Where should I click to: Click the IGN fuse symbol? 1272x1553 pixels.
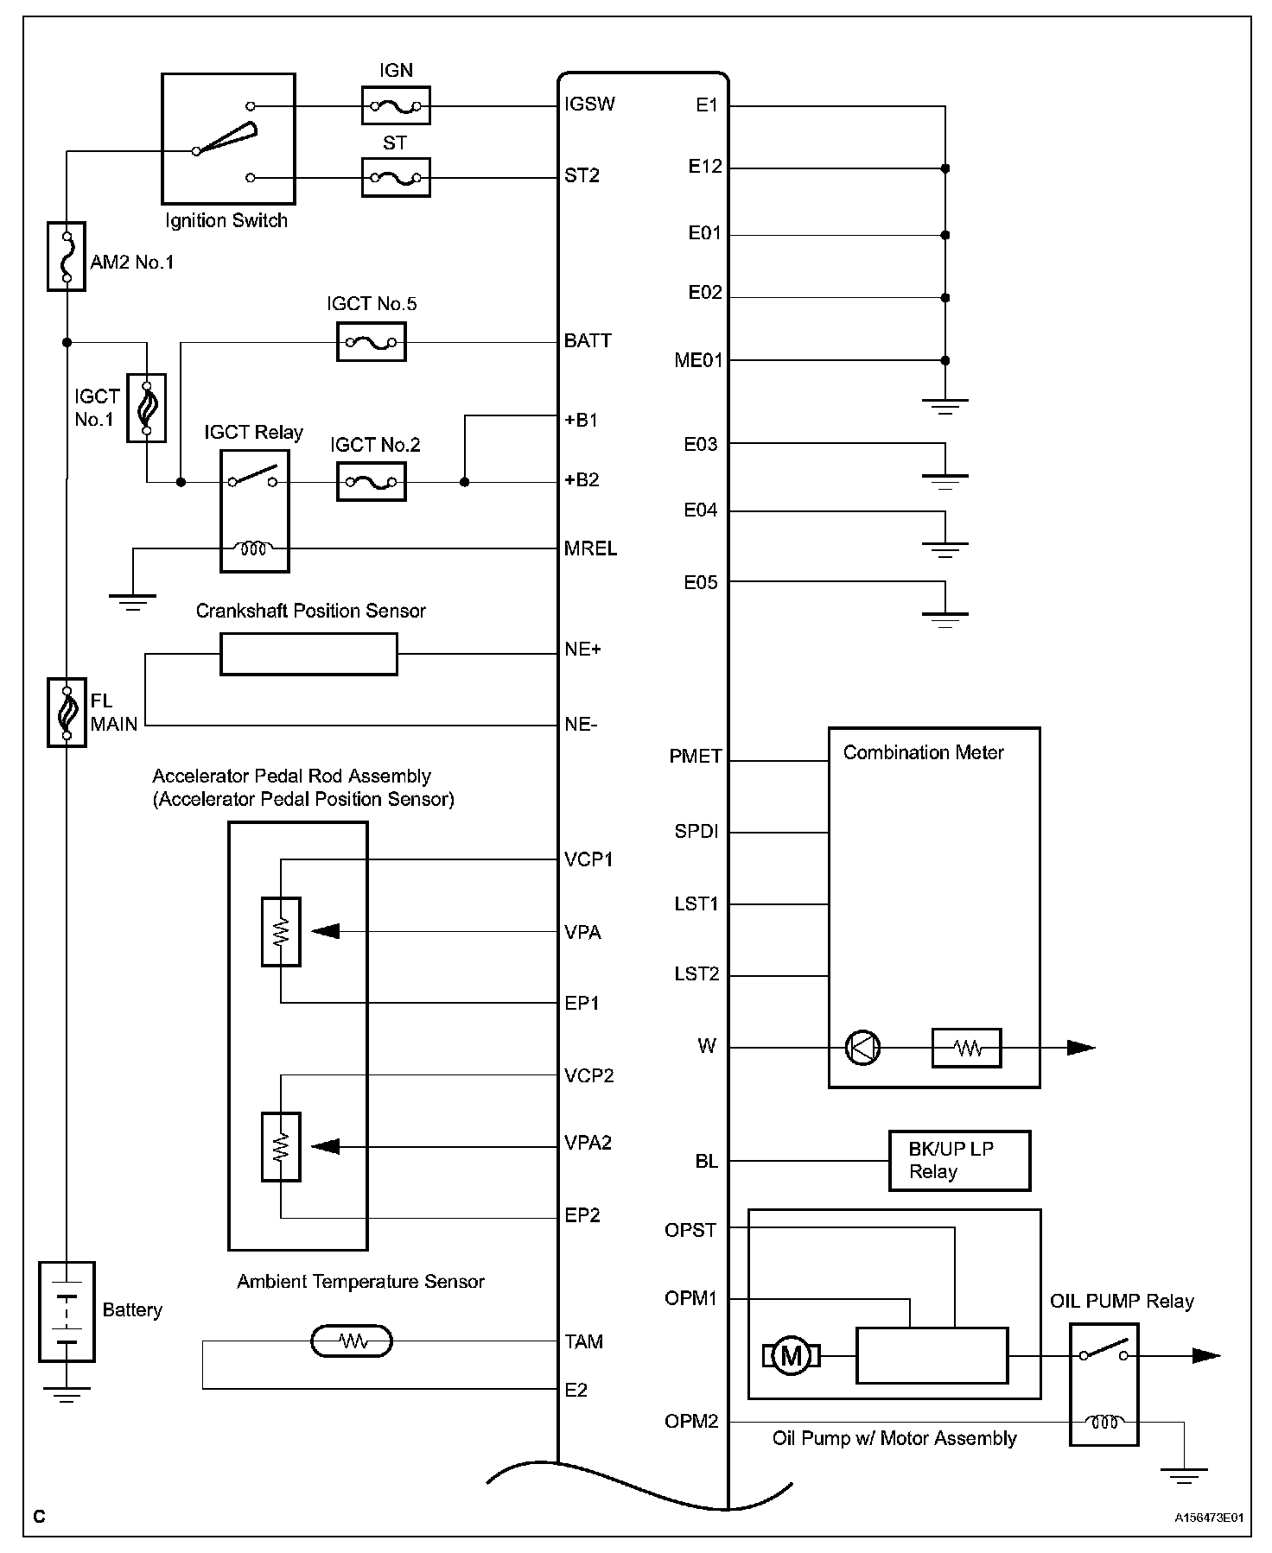395,106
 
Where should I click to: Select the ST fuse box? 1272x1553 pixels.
395,178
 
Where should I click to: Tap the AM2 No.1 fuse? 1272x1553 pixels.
67,256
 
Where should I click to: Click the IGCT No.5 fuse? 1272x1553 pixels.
371,343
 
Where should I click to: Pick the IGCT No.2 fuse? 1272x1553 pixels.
371,482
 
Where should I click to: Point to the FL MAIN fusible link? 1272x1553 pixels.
67,712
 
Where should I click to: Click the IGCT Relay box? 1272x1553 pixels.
255,511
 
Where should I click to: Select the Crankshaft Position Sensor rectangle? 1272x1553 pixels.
309,654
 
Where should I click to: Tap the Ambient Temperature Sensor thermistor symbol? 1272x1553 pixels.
351,1341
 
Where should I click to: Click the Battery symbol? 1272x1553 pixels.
67,1311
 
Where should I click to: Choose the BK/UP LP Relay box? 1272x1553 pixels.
959,1161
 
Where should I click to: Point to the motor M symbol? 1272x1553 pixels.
791,1356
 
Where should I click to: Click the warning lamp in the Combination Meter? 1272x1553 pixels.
862,1048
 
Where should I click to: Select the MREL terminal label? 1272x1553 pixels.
590,548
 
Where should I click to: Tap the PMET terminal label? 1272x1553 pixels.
696,757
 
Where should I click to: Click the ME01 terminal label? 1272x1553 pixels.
698,360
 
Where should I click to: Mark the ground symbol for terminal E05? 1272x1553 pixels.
945,618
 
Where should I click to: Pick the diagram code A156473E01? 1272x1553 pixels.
1208,1517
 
